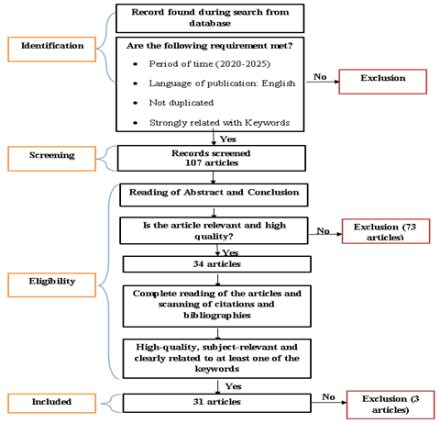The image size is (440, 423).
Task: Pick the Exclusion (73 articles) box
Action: click(x=384, y=230)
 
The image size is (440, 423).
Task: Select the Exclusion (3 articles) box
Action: click(x=386, y=403)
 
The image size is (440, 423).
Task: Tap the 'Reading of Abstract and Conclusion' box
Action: click(x=213, y=195)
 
